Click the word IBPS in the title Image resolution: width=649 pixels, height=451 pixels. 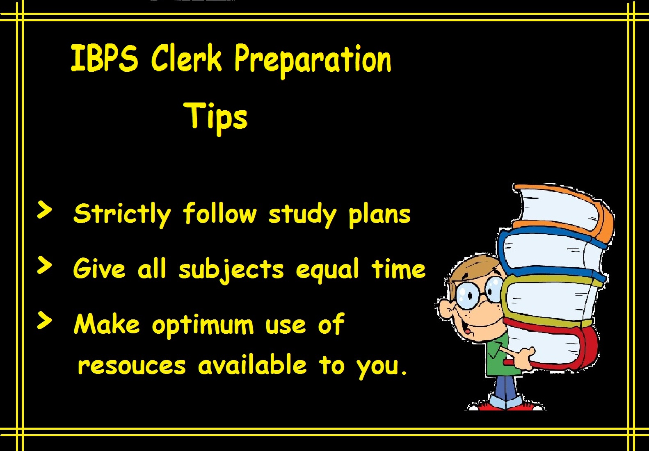coord(105,58)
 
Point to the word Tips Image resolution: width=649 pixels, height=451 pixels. coord(215,118)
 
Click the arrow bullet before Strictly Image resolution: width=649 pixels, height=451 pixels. coord(45,210)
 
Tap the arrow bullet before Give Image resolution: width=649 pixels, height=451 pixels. coord(45,265)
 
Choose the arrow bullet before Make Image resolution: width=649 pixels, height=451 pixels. coord(45,321)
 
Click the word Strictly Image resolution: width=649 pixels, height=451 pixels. coord(122,214)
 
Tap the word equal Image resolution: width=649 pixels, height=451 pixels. coord(327,270)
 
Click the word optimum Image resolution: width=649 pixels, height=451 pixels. coord(203,326)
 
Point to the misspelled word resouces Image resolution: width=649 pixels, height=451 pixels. coord(132,366)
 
